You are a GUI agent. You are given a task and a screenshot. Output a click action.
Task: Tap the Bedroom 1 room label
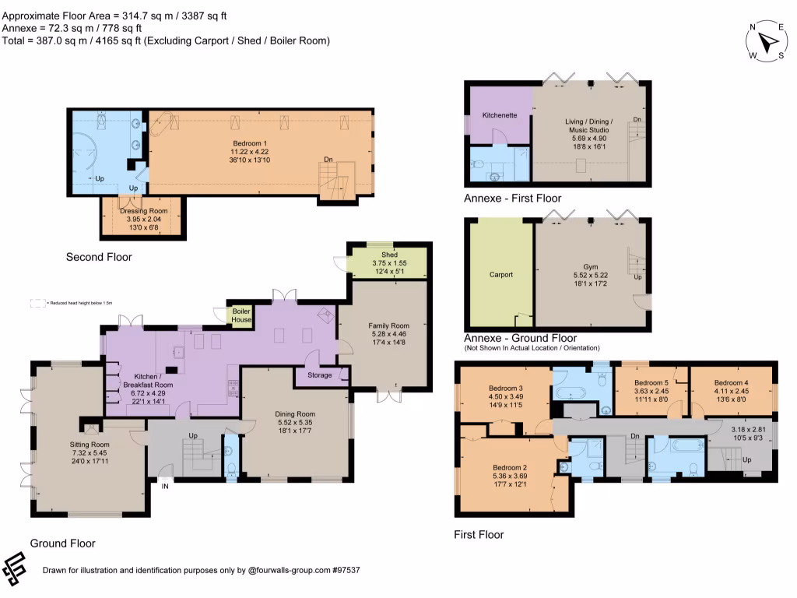coord(250,143)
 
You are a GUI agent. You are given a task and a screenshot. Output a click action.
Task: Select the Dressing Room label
coord(143,211)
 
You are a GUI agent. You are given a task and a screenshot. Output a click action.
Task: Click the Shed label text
coord(389,255)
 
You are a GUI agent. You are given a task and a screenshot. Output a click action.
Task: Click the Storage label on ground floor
coord(319,375)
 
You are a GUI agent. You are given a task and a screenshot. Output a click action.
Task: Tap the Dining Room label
coord(295,414)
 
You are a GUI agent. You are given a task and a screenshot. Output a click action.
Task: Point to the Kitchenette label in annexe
coord(500,115)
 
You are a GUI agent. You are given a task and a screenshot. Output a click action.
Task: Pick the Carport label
coord(500,274)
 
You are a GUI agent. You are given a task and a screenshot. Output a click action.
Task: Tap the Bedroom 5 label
coord(651,383)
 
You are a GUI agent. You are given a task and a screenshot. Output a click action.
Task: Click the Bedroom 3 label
coord(505,388)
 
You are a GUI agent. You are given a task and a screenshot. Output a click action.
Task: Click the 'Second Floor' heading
coord(99,257)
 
